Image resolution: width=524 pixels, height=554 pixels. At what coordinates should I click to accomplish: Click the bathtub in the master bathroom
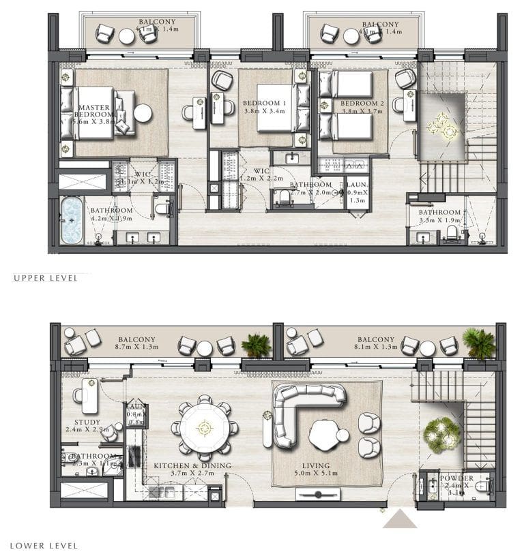[x=72, y=219]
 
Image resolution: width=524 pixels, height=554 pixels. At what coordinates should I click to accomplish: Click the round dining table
[x=204, y=428]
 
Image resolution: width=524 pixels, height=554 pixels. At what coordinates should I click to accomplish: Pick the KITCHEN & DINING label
[x=192, y=465]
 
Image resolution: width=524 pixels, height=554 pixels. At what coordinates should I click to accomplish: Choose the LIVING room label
[x=315, y=466]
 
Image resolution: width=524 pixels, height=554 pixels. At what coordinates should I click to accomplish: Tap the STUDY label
[x=87, y=422]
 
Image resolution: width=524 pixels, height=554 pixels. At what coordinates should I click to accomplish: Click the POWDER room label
[x=457, y=478]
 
